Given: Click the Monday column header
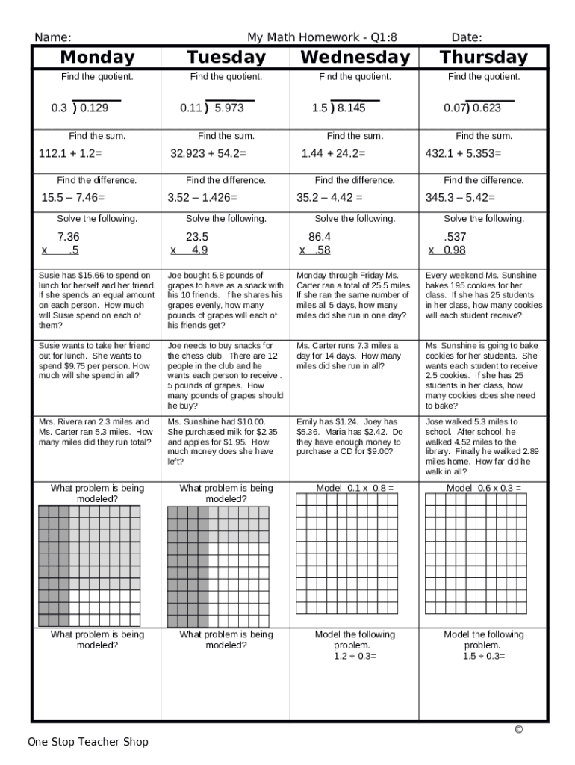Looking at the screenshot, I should [97, 58].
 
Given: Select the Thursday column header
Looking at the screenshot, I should [483, 58].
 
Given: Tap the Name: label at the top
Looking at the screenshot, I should [53, 37].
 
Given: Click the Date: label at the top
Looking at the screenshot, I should [467, 37].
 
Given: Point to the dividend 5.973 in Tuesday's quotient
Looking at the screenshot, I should [229, 108].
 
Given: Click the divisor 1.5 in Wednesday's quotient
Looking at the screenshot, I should [320, 108].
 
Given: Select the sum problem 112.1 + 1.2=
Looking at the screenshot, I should [70, 154].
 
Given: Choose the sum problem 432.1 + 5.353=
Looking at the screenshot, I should [463, 154].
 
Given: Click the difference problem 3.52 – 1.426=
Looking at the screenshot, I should [202, 198].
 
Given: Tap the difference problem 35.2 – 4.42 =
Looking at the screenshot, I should [329, 198].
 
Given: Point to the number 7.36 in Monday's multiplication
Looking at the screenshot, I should [68, 237].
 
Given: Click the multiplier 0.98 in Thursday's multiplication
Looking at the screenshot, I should [454, 250].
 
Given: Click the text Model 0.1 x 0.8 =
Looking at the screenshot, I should [355, 489].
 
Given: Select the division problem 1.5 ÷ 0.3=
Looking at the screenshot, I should [483, 657].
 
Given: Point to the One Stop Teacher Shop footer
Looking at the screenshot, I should [88, 742].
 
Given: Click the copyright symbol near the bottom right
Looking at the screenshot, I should [518, 730].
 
